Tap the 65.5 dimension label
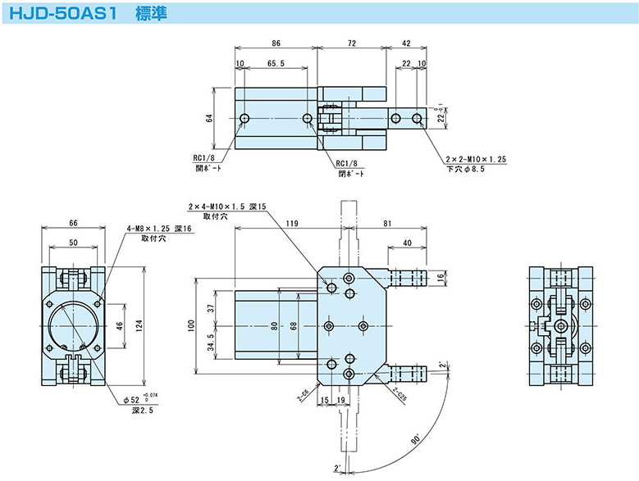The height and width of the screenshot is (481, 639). click(276, 63)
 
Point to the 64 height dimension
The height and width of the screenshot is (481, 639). click(210, 118)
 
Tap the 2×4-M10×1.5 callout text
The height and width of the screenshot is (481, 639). click(227, 207)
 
